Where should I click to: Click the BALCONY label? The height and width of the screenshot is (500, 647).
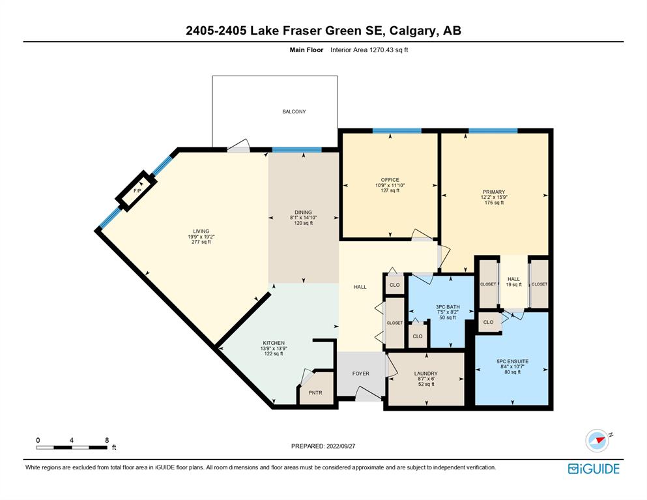point(294,111)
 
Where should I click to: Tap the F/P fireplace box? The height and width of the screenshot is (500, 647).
point(136,191)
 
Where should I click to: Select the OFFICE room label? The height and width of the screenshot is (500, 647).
point(390,180)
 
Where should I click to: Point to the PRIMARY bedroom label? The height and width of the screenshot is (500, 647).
point(494,192)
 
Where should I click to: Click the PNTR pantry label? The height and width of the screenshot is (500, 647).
point(315,392)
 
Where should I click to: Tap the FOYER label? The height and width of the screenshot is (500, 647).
point(360,374)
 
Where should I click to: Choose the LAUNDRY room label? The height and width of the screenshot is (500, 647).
point(426,374)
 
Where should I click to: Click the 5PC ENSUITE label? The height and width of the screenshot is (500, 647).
point(513,361)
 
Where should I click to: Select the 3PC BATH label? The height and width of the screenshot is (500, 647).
point(448,307)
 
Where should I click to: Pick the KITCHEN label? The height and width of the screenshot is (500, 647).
point(274,343)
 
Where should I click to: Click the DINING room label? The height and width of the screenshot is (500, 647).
point(303,213)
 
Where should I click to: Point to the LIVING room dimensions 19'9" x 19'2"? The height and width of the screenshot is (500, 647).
point(201,237)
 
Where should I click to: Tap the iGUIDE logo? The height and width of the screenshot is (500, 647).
point(594,469)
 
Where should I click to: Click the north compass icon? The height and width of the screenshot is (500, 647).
point(597,441)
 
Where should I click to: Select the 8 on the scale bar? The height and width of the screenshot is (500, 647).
point(107,440)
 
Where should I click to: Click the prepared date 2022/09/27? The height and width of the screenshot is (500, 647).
point(341,446)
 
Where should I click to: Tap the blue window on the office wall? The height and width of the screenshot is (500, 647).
point(397,131)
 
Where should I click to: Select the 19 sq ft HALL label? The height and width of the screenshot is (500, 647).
point(513,284)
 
